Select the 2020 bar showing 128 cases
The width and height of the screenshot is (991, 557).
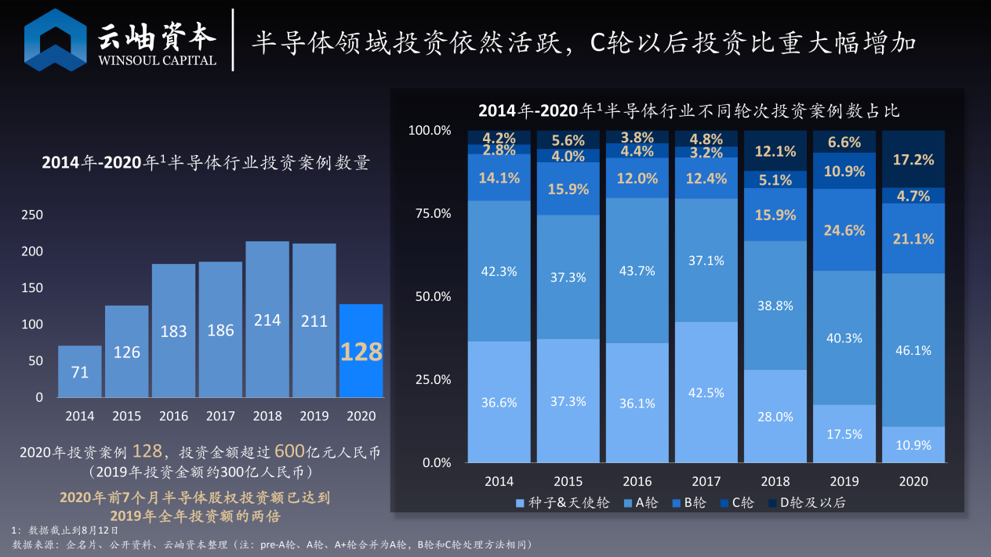point(361,350)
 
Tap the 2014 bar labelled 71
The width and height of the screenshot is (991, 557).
point(80,371)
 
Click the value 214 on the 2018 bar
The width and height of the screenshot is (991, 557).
point(267,320)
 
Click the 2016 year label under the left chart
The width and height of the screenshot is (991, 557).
point(174,416)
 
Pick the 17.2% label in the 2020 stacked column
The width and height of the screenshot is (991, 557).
point(913,160)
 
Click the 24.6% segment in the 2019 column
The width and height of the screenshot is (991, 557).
point(844,230)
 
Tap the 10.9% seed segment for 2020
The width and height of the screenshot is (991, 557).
point(913,445)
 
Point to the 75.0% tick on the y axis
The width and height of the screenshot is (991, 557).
point(430,213)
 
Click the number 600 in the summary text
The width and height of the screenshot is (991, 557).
point(289,451)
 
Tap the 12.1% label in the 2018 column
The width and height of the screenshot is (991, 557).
point(775,151)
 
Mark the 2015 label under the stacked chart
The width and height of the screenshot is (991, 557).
point(568,481)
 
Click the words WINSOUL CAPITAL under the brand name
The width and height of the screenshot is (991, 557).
point(157,60)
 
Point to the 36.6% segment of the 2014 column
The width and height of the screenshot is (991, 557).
point(499,403)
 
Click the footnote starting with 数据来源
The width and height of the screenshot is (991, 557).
point(274,544)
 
